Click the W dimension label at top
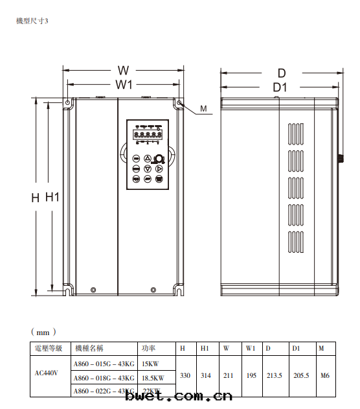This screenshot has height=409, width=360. tap(124, 70)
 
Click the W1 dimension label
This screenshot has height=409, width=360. tap(124, 85)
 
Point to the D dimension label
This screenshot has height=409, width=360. tap(282, 73)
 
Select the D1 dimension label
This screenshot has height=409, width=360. tap(280, 88)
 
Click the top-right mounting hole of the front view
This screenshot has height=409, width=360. tap(179, 102)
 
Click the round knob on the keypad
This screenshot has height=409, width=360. tap(159, 159)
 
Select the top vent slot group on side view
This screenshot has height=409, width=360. tap(295, 132)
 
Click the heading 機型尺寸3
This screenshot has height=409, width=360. tap(32, 21)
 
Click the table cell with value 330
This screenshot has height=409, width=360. tap(185, 375)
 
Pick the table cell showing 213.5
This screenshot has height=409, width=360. tap(275, 375)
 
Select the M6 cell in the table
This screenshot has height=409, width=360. tap(325, 375)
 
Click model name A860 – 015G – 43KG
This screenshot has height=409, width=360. tap(104, 363)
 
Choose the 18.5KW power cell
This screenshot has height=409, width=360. tap(153, 377)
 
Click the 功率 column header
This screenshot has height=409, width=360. tap(148, 349)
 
